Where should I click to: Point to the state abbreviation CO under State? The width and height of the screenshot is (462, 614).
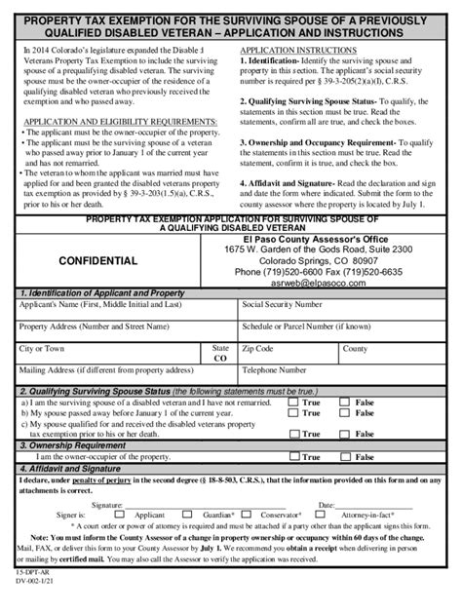coord(220,359)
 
